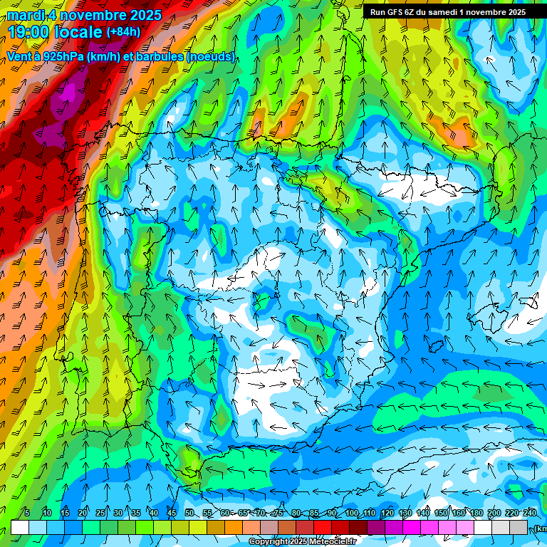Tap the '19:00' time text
pos(30,32)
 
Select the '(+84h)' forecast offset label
pos(123,32)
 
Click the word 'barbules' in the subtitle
pos(159,56)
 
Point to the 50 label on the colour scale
pos(189,513)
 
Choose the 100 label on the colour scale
pos(351,513)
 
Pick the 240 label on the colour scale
pos(530,513)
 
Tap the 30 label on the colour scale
pos(118,513)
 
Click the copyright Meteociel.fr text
pos(304,542)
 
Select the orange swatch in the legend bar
pos(234,527)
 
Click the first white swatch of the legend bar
pos(20,527)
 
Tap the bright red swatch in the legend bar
pos(323,527)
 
